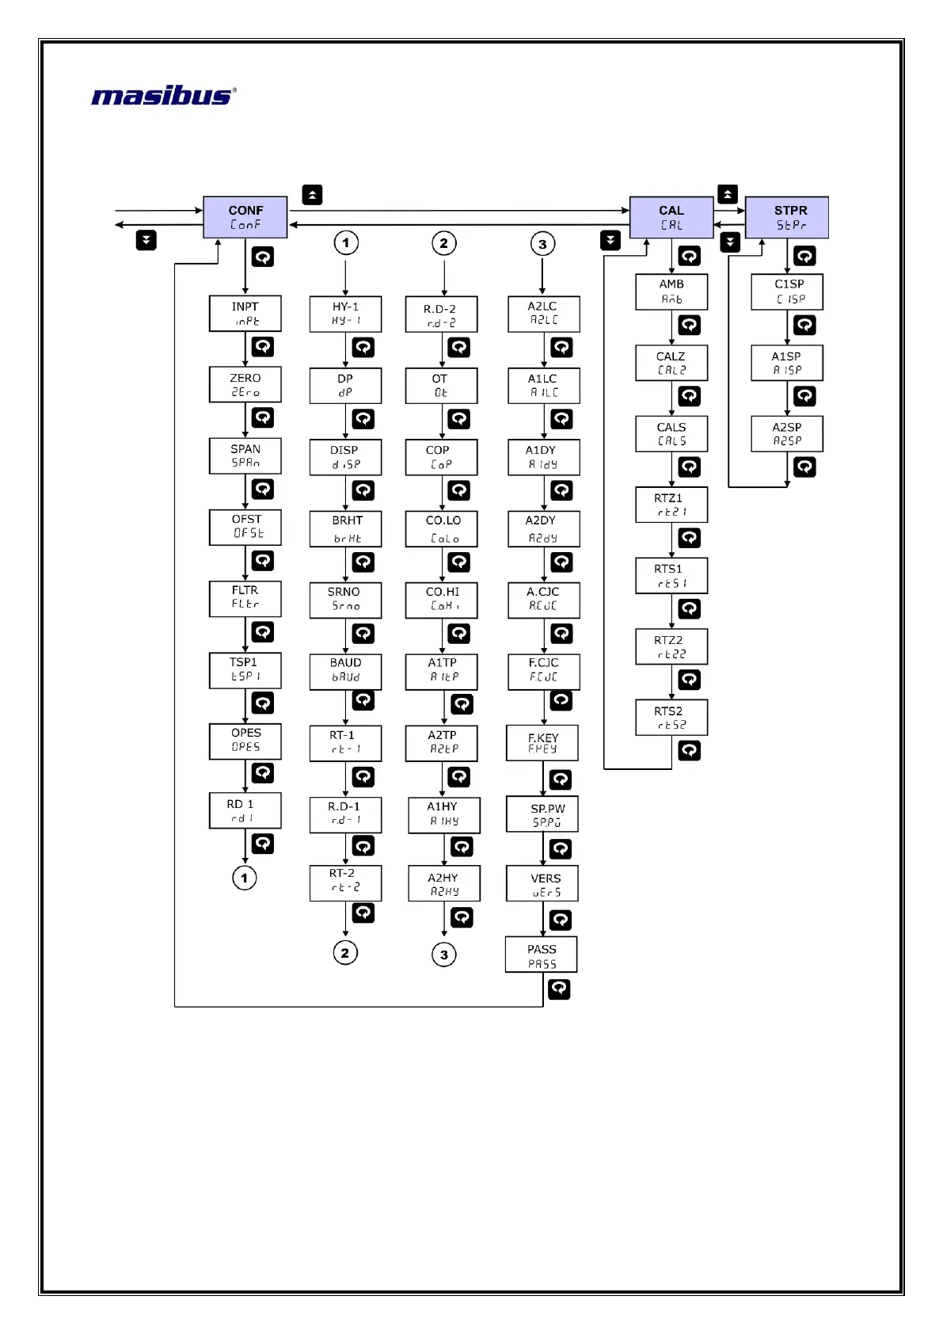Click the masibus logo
[x=164, y=96]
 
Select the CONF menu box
[x=245, y=217]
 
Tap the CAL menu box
[x=671, y=217]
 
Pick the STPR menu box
[x=786, y=217]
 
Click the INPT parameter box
[x=245, y=314]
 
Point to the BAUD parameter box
[x=345, y=670]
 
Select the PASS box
[x=542, y=955]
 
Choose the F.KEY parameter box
[x=542, y=743]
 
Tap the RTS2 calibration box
[x=671, y=718]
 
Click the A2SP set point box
[x=787, y=433]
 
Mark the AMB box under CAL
[x=671, y=292]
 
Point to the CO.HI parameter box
[x=443, y=599]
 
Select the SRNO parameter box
[x=345, y=599]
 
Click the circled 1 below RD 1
[x=245, y=878]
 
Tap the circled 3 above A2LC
[x=542, y=244]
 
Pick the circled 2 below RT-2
[x=345, y=952]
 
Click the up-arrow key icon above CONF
[x=313, y=195]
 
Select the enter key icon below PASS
[x=559, y=989]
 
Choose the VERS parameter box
[x=542, y=884]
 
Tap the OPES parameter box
[x=245, y=741]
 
